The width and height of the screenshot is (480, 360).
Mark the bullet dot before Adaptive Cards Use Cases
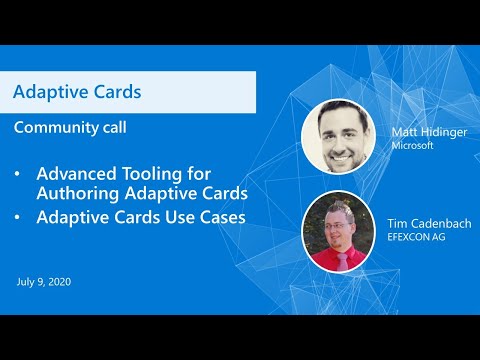click(x=17, y=215)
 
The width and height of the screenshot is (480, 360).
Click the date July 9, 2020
click(x=43, y=282)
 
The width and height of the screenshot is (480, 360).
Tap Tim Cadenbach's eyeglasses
click(x=337, y=223)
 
